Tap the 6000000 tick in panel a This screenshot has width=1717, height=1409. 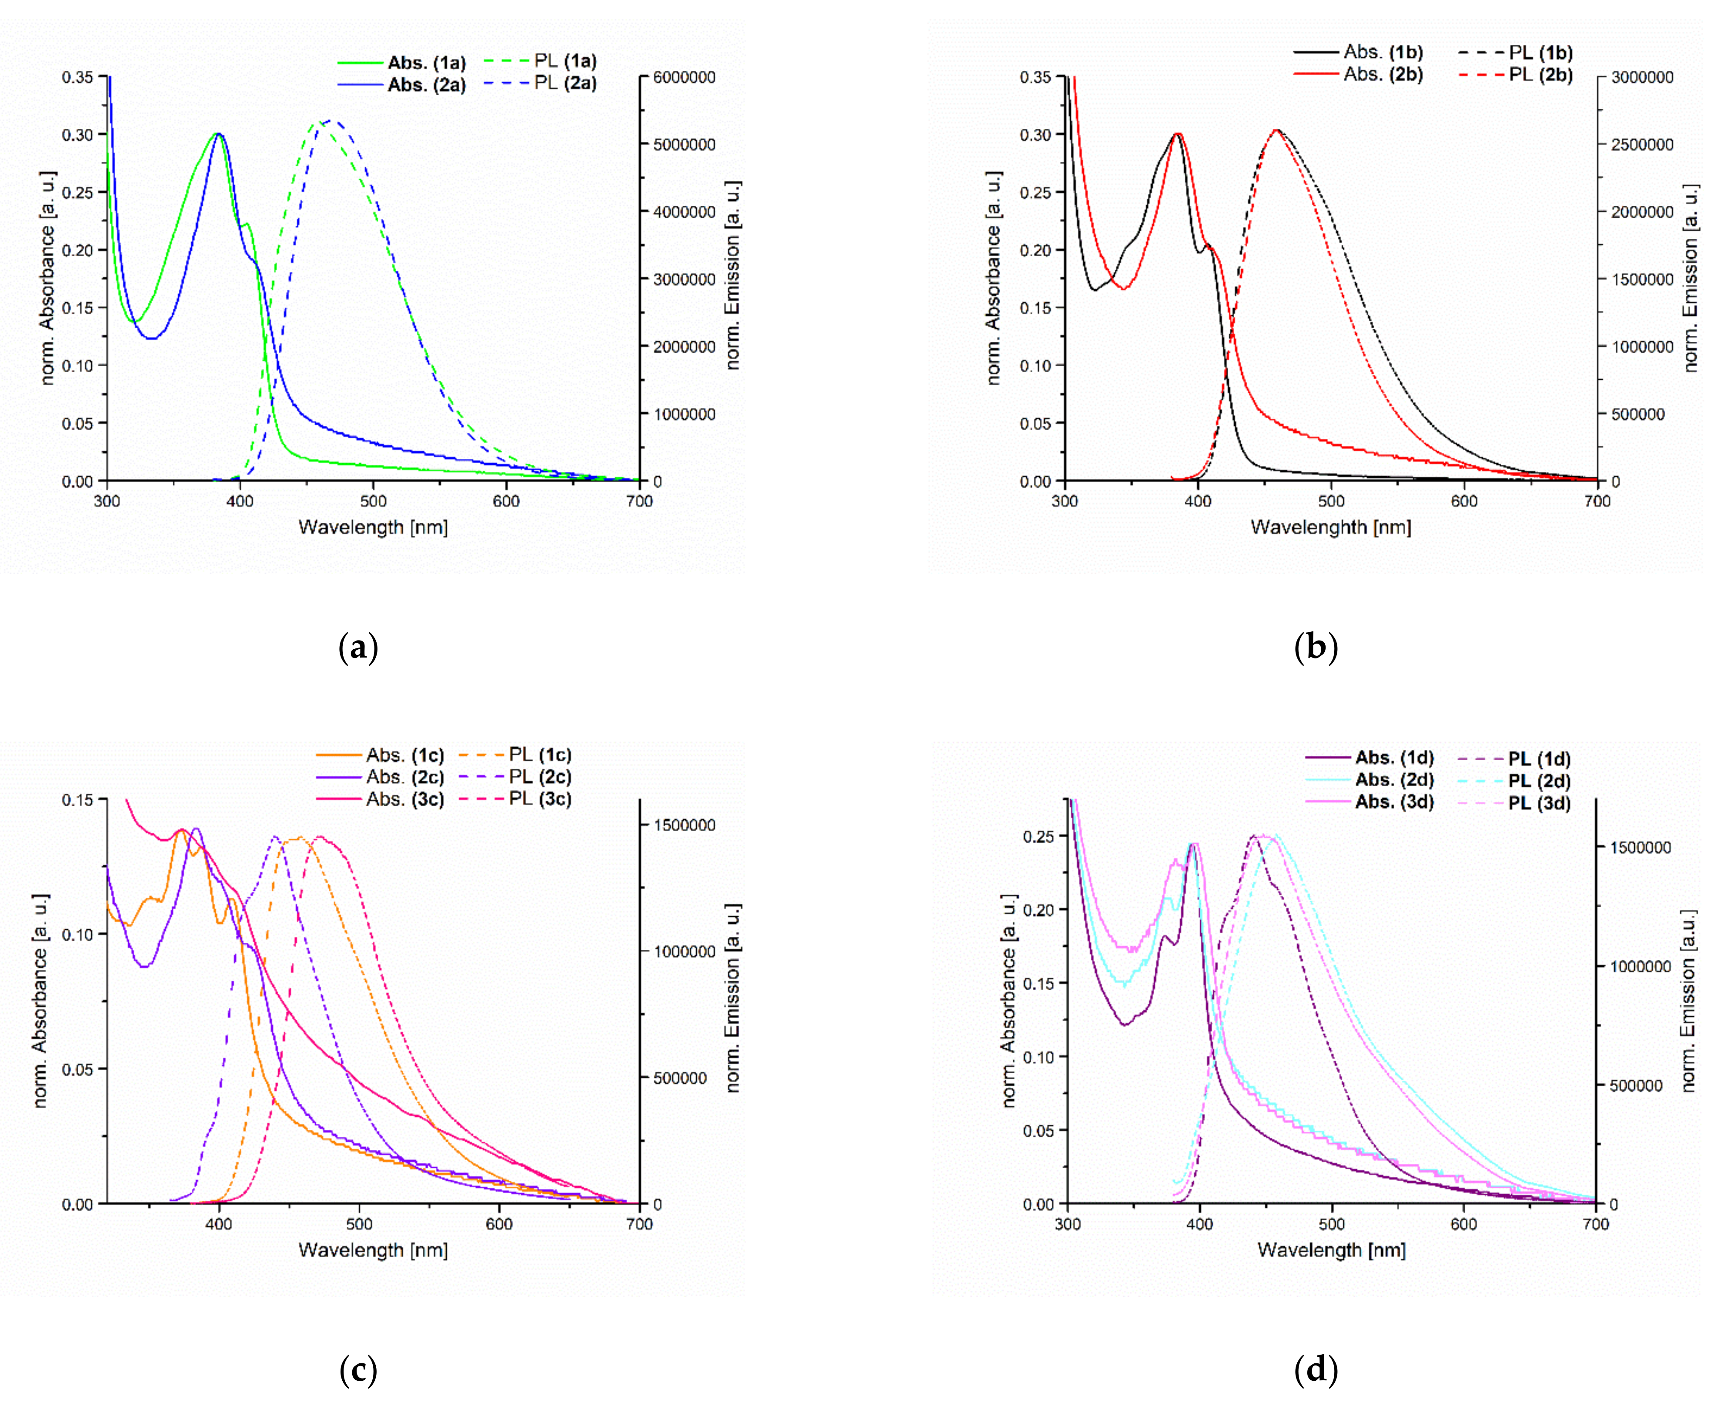click(x=686, y=77)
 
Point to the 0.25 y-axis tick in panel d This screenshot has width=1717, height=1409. click(x=1040, y=836)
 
